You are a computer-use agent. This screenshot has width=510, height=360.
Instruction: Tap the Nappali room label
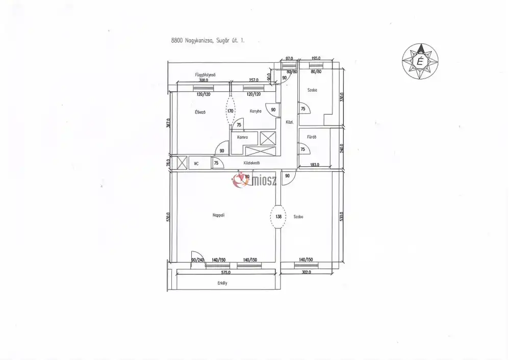point(219,215)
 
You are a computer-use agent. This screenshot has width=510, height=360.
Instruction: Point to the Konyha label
point(256,111)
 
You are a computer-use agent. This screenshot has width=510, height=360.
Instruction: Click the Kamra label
point(242,137)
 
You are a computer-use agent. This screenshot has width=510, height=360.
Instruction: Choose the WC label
point(195,164)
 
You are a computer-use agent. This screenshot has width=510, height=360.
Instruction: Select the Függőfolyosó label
point(207,75)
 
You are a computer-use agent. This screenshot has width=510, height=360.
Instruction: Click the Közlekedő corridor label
point(252,163)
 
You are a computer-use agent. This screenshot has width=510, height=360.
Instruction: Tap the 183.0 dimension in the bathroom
point(314,164)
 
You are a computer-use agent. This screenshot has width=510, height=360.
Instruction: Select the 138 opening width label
point(278,216)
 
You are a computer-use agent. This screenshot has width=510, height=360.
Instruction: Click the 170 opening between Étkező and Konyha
point(231,111)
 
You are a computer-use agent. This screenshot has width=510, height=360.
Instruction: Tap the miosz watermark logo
point(258,180)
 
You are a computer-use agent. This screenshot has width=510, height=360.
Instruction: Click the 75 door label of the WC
point(216,163)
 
